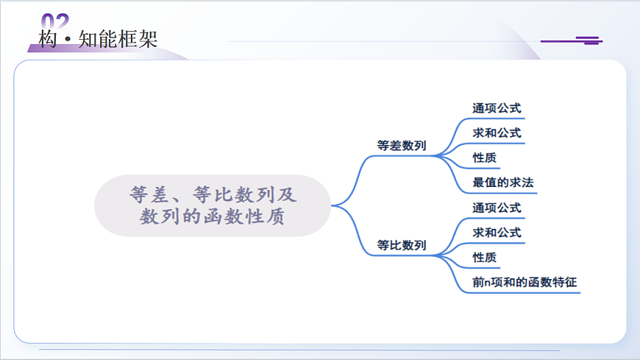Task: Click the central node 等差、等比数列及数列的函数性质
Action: (212, 205)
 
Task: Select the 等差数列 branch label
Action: (401, 146)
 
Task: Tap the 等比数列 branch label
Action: (401, 245)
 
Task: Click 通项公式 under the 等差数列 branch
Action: (497, 108)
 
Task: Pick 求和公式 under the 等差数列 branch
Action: (497, 133)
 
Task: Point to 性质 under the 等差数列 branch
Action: (485, 158)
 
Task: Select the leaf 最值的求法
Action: (502, 183)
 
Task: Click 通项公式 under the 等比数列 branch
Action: (497, 208)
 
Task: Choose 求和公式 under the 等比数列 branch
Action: (497, 233)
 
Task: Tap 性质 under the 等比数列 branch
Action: (485, 258)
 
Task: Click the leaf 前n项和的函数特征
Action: (524, 282)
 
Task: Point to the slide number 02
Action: (55, 21)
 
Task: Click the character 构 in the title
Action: (48, 39)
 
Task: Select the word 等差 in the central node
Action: (151, 195)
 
